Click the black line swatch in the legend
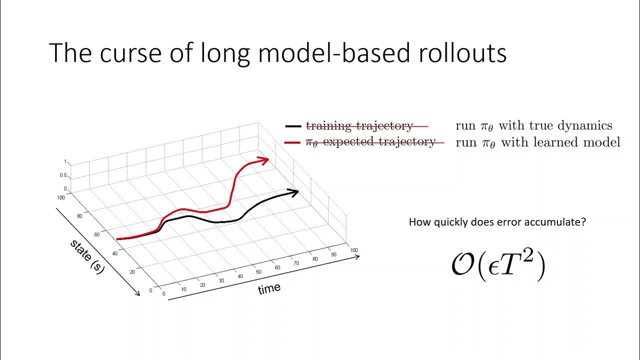(292, 126)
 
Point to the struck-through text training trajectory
(359, 126)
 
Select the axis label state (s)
(87, 256)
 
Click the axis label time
(269, 289)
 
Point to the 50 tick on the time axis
(259, 272)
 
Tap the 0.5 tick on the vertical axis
(63, 175)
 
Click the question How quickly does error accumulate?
(497, 222)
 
